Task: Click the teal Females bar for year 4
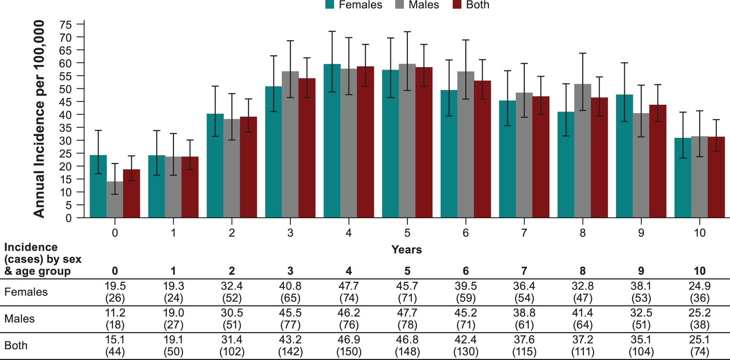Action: (332, 141)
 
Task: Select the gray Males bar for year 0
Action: (115, 200)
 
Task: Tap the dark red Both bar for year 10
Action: (716, 177)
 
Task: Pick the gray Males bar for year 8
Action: (583, 151)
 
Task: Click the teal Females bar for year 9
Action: (624, 156)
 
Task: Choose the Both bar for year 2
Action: (249, 167)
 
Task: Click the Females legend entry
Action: (354, 5)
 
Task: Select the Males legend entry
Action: (417, 5)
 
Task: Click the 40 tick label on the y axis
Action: (66, 115)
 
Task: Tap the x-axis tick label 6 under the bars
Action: (466, 233)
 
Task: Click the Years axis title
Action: (406, 249)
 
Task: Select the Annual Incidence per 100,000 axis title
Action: (39, 119)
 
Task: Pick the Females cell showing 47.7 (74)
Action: (349, 292)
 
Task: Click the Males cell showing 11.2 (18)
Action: (115, 319)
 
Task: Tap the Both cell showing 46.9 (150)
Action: (349, 345)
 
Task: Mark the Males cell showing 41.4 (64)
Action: (583, 319)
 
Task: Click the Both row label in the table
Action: (16, 345)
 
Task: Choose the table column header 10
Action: (700, 271)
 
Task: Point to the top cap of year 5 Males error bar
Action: (407, 32)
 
